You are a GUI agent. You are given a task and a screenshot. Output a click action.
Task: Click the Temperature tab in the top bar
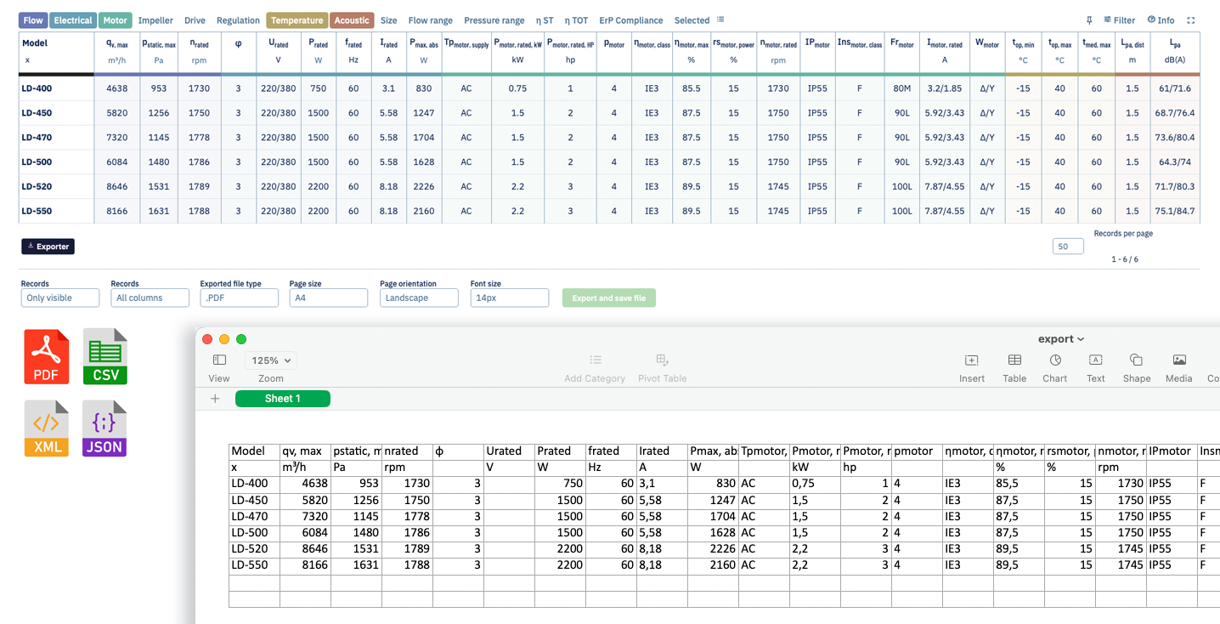[x=297, y=20]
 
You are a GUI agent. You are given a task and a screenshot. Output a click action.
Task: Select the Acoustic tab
[x=351, y=20]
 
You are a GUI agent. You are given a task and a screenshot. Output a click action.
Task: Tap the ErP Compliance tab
[x=630, y=20]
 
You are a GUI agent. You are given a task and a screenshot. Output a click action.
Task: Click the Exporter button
[x=48, y=247]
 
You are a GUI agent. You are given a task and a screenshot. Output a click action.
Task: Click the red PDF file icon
[x=46, y=357]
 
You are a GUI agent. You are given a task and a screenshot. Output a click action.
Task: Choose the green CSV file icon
[x=105, y=357]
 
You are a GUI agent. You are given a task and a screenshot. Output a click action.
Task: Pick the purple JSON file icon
[x=104, y=429]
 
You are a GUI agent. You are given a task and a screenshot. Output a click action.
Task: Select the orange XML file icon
[x=46, y=429]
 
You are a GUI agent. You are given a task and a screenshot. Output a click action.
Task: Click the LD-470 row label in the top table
[x=37, y=138]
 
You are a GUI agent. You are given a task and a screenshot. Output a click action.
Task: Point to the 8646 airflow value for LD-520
[x=116, y=186]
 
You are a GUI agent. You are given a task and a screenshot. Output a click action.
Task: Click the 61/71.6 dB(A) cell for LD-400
[x=1175, y=88]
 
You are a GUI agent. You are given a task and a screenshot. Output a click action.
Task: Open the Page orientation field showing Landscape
[x=419, y=298]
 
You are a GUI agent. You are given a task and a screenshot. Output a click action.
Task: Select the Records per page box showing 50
[x=1067, y=247]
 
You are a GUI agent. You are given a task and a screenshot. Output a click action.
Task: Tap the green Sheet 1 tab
[x=283, y=399]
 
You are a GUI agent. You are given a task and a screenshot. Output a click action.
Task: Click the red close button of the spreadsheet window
[x=207, y=339]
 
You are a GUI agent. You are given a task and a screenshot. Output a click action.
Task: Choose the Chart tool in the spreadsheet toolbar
[x=1055, y=368]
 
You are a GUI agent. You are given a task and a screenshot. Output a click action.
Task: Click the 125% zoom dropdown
[x=271, y=360]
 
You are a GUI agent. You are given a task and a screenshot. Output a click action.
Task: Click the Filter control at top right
[x=1119, y=20]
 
